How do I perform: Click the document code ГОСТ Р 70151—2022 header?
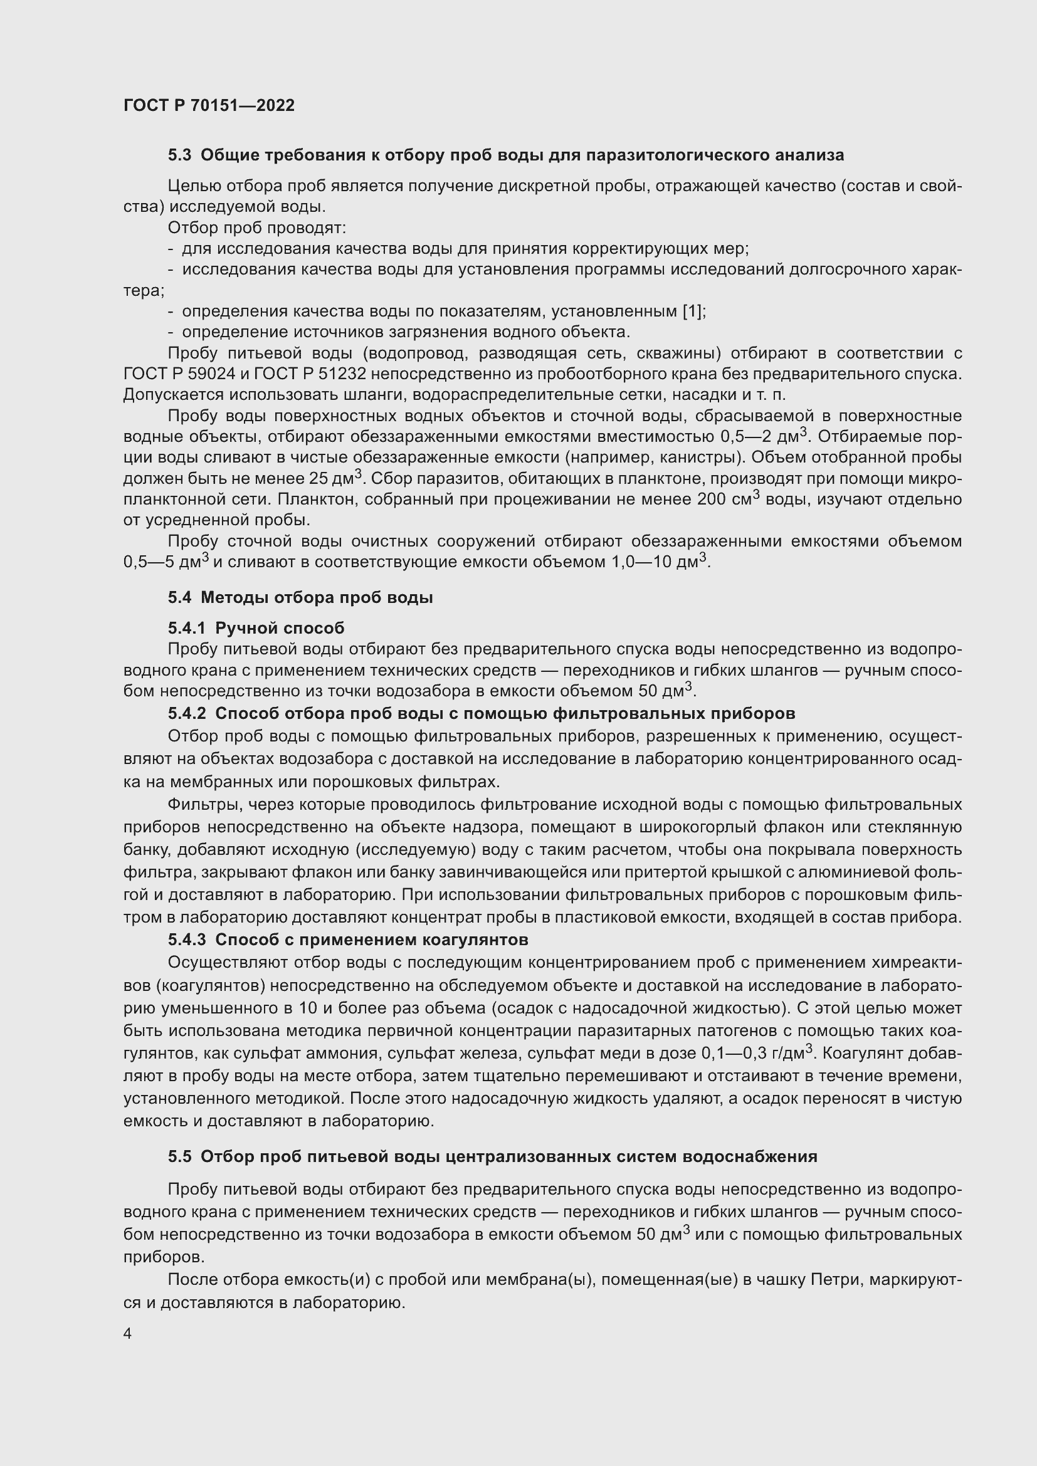click(x=209, y=105)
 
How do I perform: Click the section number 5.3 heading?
click(x=179, y=155)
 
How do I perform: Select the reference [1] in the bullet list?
click(x=693, y=312)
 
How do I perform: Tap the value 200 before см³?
click(x=712, y=500)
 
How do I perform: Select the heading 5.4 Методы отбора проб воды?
click(x=300, y=598)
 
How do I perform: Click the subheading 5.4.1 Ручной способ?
click(x=256, y=628)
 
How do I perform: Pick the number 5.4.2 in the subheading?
click(x=187, y=713)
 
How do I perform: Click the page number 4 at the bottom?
click(x=127, y=1334)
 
